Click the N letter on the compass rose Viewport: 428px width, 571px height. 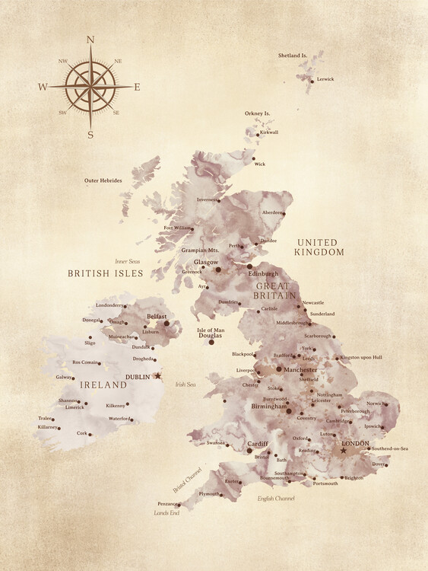pos(90,40)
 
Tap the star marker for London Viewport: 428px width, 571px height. pos(343,451)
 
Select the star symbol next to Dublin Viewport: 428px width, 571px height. pos(158,375)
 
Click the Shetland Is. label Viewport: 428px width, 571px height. pos(293,56)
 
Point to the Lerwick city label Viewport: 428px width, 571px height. pos(325,79)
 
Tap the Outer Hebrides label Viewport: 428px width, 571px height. pos(103,180)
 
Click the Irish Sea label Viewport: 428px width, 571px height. pos(185,385)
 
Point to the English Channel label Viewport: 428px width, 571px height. pos(274,498)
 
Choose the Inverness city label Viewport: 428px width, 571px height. pos(207,199)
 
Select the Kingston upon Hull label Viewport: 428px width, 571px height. pos(360,357)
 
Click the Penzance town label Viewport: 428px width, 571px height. pos(168,503)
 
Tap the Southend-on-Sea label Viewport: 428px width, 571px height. pos(390,448)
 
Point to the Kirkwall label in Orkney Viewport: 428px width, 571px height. pos(269,132)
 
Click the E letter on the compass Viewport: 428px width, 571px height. pos(137,87)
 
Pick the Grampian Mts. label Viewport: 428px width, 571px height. pos(200,249)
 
